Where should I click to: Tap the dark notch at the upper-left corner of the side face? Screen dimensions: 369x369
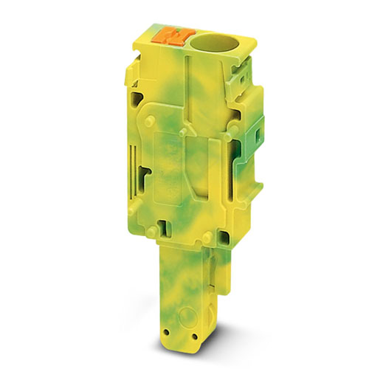coord(137,98)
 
